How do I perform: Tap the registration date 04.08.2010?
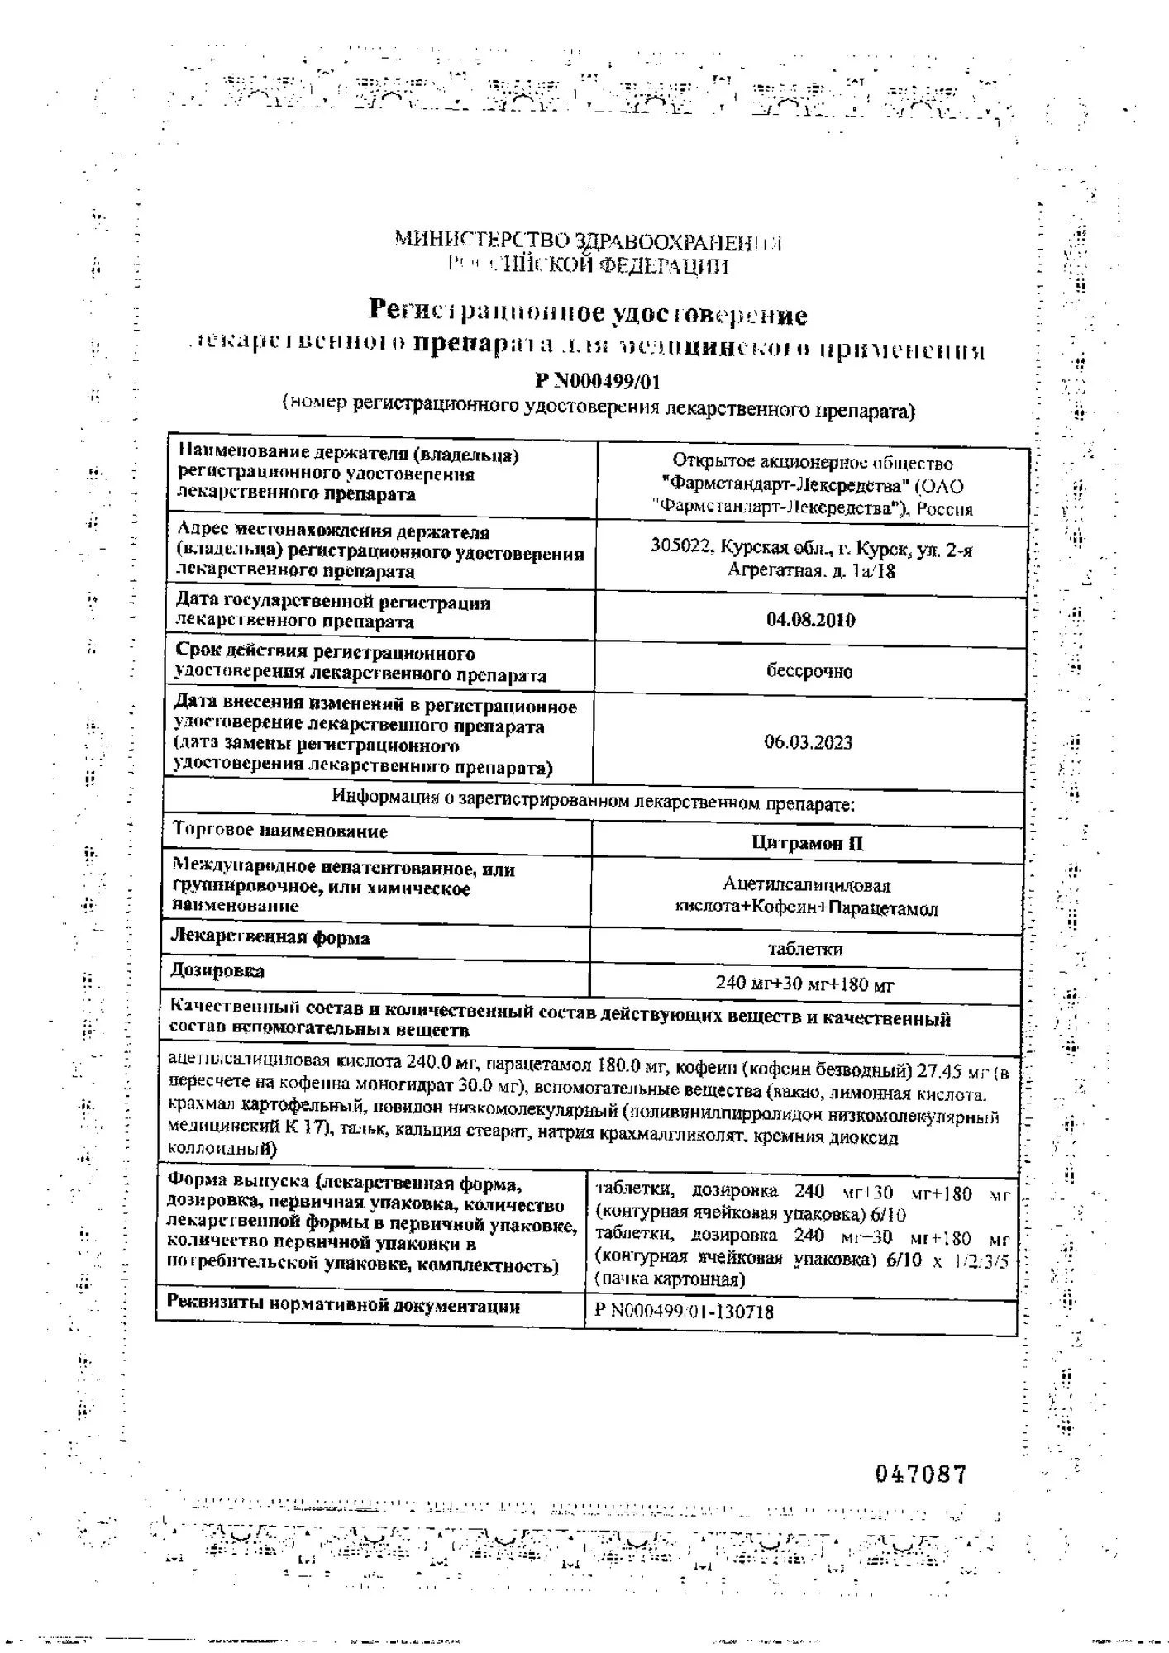coord(810,620)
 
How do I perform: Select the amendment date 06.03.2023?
coord(808,742)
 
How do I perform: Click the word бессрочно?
coord(809,671)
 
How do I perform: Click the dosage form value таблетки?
coord(805,949)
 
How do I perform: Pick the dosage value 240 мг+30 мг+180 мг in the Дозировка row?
coord(804,984)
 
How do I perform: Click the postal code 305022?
coord(682,546)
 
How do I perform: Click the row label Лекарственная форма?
coord(270,937)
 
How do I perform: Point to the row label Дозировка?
coord(217,971)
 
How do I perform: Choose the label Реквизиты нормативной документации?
coord(343,1307)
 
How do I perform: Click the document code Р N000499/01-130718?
coord(684,1312)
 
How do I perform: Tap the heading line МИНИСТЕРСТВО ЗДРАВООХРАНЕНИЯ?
coord(587,242)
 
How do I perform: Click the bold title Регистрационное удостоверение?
coord(587,313)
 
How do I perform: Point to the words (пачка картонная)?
coord(670,1280)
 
